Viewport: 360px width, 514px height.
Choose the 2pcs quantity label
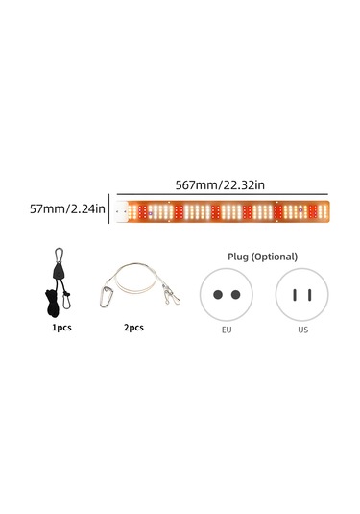(x=134, y=327)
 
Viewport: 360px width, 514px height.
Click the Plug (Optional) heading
(x=262, y=257)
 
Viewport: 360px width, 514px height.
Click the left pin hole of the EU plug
(x=218, y=294)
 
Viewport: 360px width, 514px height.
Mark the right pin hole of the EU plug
(x=235, y=294)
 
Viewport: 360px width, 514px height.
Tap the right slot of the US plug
(x=309, y=294)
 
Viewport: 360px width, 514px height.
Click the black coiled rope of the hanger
(x=50, y=303)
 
